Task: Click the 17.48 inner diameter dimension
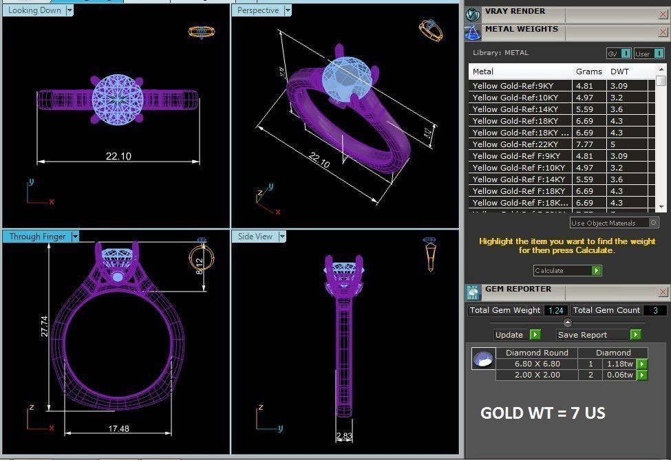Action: click(118, 429)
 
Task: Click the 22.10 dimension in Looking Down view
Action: click(118, 157)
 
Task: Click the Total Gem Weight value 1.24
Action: click(555, 311)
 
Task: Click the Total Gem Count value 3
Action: click(655, 311)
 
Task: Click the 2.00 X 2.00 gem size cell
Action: click(537, 375)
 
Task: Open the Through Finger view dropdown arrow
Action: click(75, 237)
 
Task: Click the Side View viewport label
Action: click(255, 237)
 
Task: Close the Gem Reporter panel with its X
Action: click(663, 292)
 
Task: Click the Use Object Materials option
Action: click(613, 223)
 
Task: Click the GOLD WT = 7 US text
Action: click(542, 413)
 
